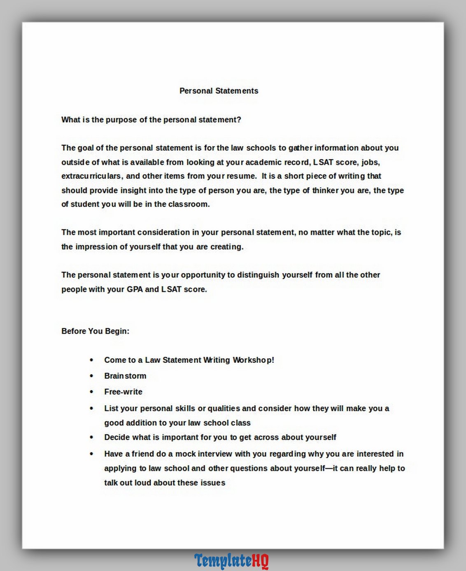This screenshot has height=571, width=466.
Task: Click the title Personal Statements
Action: pyautogui.click(x=219, y=91)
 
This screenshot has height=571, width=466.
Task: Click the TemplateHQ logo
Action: pyautogui.click(x=231, y=561)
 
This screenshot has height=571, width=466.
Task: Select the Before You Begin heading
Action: pyautogui.click(x=95, y=331)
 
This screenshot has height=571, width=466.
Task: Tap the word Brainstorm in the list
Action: pyautogui.click(x=125, y=376)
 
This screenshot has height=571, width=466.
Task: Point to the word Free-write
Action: pyautogui.click(x=123, y=392)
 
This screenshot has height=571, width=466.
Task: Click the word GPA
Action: pyautogui.click(x=135, y=289)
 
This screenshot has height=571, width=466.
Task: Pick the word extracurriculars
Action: pyautogui.click(x=91, y=176)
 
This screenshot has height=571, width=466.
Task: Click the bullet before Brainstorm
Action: pyautogui.click(x=91, y=376)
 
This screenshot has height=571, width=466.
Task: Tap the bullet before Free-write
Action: pyautogui.click(x=91, y=392)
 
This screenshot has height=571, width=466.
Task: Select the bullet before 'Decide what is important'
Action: pyautogui.click(x=91, y=437)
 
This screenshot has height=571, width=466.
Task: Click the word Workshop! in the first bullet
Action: pyautogui.click(x=253, y=360)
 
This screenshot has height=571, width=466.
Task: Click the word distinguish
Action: pyautogui.click(x=258, y=275)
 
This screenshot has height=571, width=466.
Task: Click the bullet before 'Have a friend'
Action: pyautogui.click(x=91, y=454)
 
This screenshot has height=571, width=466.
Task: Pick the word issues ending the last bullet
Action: pyautogui.click(x=212, y=483)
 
